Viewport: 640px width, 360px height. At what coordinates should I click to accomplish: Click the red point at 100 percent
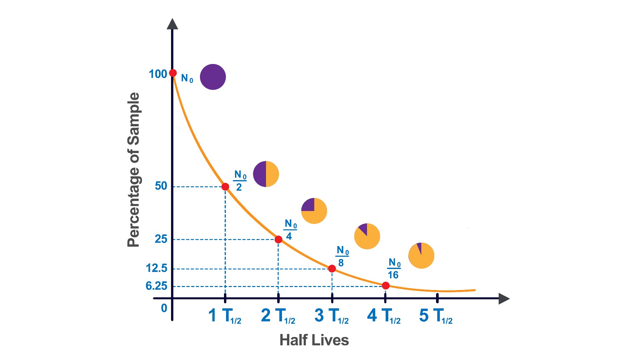(173, 73)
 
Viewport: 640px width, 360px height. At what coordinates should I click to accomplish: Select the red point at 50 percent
(225, 187)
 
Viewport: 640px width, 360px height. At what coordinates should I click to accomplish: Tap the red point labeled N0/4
(279, 239)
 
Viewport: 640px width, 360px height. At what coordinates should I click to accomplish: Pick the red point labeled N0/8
(332, 269)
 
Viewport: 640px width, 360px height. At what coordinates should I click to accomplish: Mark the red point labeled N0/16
(386, 286)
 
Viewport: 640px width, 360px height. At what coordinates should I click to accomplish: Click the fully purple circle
(213, 77)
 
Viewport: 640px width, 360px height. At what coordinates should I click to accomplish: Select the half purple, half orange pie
(266, 174)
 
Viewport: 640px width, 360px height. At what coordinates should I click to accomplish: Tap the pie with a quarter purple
(314, 211)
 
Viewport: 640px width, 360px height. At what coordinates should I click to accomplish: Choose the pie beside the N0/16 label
(421, 256)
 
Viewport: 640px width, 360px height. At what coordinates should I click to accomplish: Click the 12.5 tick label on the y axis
(156, 268)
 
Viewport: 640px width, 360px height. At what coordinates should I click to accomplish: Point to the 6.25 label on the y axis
(156, 286)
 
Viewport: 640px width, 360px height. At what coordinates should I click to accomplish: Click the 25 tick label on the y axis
(161, 239)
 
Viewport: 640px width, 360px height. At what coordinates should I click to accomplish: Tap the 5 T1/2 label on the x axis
(436, 316)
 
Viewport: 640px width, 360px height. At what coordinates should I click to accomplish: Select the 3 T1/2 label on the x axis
(331, 316)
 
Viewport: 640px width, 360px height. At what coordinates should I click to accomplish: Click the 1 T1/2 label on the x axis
(225, 316)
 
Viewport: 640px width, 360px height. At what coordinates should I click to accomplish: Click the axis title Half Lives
(314, 340)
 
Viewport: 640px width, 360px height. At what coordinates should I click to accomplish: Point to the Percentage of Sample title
(134, 170)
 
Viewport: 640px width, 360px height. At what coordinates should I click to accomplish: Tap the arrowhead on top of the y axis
(172, 24)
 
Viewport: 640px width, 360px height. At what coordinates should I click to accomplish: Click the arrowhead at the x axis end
(504, 299)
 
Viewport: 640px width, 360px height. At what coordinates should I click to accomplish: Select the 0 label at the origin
(164, 308)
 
